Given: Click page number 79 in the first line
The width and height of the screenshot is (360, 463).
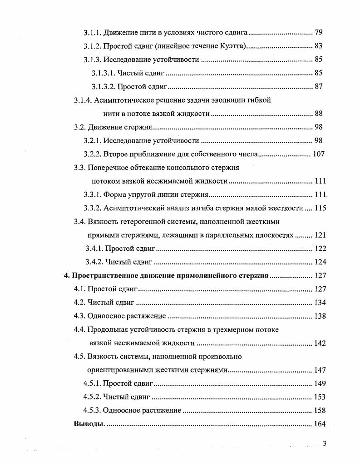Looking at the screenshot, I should pyautogui.click(x=318, y=33).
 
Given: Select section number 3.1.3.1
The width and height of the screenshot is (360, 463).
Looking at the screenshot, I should pyautogui.click(x=103, y=73).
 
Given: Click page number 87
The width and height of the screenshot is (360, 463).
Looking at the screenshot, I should pyautogui.click(x=318, y=86).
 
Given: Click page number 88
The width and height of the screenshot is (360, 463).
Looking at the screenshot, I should pyautogui.click(x=318, y=114).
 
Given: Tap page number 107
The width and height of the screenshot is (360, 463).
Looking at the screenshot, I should pyautogui.click(x=319, y=154).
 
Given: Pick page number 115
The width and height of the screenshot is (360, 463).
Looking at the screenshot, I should pyautogui.click(x=320, y=208).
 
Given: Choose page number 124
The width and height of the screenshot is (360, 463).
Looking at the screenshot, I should pyautogui.click(x=320, y=262).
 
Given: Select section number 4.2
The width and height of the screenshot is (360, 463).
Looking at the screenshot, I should pyautogui.click(x=80, y=303).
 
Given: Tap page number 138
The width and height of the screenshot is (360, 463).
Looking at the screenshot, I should pyautogui.click(x=320, y=316).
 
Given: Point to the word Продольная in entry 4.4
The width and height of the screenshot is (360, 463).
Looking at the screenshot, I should pyautogui.click(x=107, y=330).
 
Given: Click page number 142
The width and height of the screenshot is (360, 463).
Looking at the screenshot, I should pyautogui.click(x=320, y=343).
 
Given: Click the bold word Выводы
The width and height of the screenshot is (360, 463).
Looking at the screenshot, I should pyautogui.click(x=89, y=424).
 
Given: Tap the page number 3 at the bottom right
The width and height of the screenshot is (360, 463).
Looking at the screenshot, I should pyautogui.click(x=324, y=444).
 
